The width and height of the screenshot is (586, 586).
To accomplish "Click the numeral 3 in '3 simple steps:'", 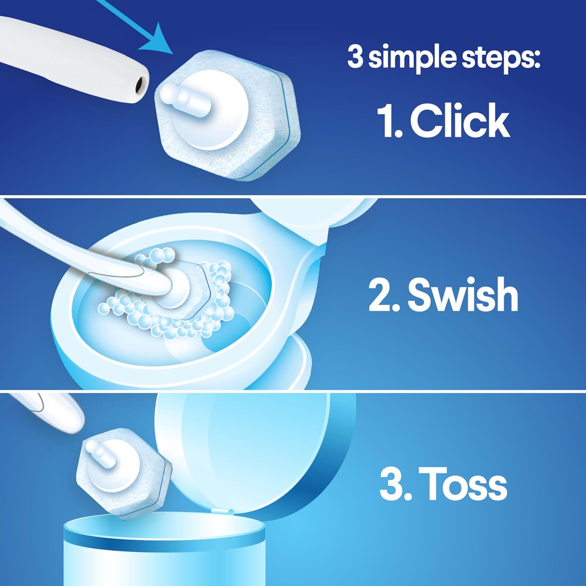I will pos(355,57).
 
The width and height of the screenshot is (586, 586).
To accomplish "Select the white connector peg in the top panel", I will pos(184,99).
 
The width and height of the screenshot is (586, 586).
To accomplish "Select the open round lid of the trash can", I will pos(258,449).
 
